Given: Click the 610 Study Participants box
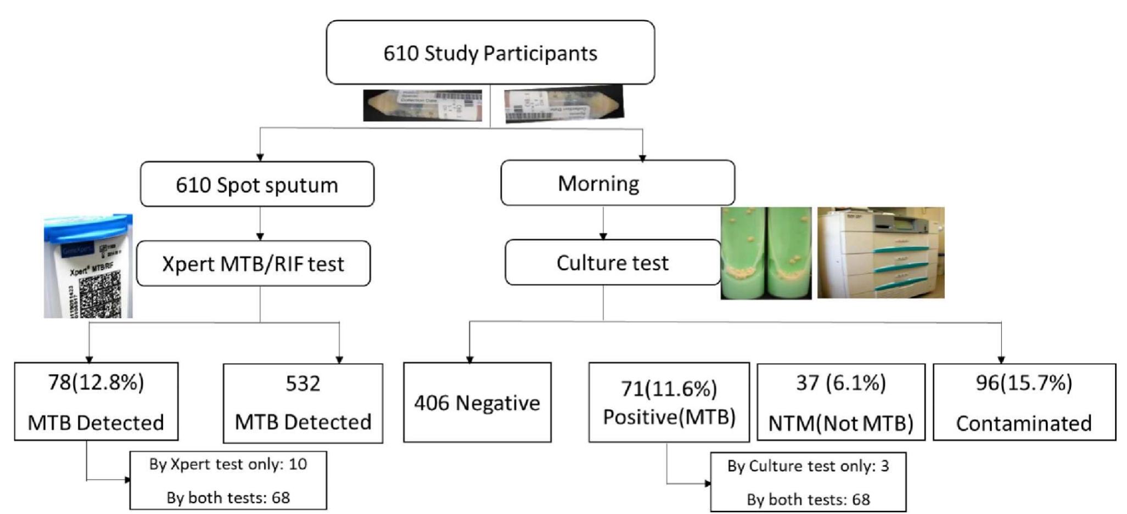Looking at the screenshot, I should click(x=490, y=53).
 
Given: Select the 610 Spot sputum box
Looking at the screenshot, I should click(x=257, y=185).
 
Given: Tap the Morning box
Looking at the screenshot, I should click(x=617, y=183).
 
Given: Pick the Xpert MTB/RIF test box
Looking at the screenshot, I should click(x=253, y=264).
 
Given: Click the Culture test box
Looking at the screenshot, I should click(x=612, y=263).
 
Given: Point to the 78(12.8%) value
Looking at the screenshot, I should click(x=96, y=382).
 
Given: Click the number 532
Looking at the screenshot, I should click(x=302, y=383).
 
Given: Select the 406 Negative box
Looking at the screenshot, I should click(x=476, y=403).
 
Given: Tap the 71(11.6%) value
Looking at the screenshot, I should click(x=669, y=388).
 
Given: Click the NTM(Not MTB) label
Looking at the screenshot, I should click(x=840, y=423).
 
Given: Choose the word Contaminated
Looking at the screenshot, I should click(x=1023, y=423).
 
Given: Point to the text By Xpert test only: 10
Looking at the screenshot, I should click(x=228, y=464).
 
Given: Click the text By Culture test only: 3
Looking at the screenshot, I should click(x=808, y=466).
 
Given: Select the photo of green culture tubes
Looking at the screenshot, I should click(x=766, y=253).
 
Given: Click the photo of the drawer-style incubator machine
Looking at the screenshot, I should click(x=881, y=253).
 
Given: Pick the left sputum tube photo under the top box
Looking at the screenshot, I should click(x=422, y=105).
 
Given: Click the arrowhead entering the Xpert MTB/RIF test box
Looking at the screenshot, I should click(x=260, y=236).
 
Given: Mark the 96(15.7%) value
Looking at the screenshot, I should click(x=1023, y=382).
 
